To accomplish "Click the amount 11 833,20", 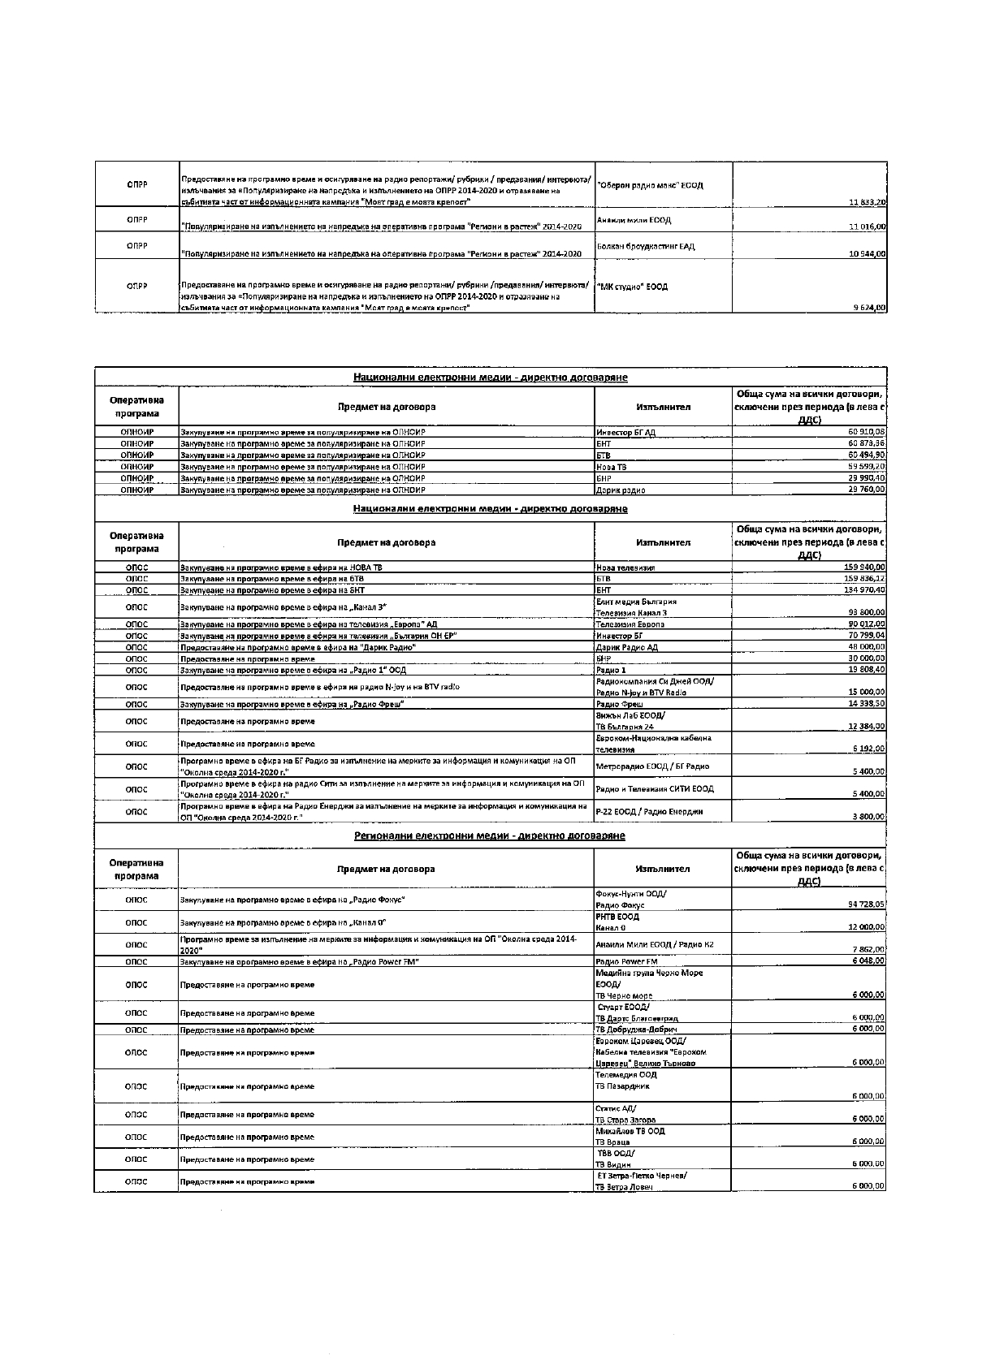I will (867, 201).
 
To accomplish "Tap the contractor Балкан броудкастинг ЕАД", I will (645, 246).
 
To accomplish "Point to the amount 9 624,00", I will (869, 308).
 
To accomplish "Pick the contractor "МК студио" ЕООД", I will (632, 287).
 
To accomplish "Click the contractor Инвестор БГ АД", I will (625, 432).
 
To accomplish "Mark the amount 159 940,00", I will (864, 568).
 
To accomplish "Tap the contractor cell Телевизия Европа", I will (630, 624).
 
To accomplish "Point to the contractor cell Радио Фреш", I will (620, 705).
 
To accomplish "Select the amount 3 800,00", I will (868, 817).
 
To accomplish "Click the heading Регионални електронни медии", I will (490, 835).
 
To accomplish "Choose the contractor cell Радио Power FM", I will (626, 961).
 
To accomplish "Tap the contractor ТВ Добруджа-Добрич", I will (638, 1029).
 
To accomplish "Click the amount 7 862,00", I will (868, 949).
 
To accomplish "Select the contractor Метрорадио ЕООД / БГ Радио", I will (652, 766).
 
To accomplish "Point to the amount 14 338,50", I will (867, 704).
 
